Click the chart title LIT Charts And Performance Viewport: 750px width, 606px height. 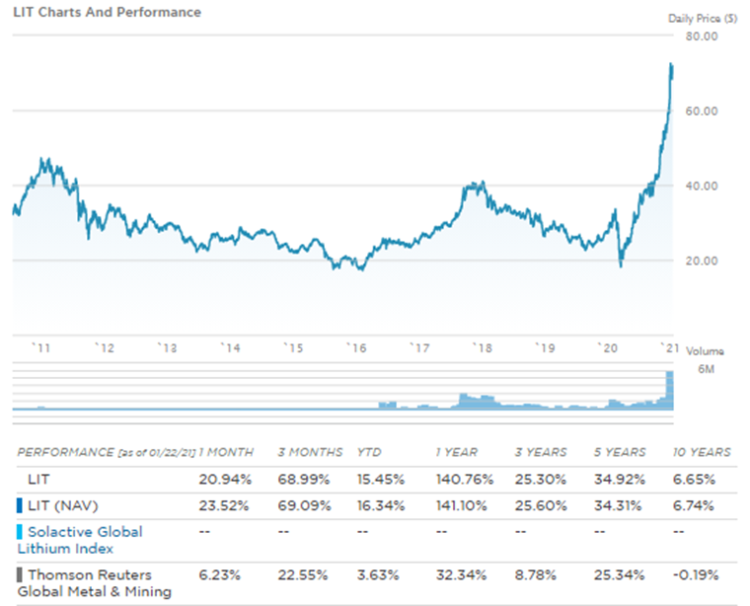click(107, 13)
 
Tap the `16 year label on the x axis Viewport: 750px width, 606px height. click(354, 347)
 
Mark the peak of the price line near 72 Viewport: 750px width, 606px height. click(671, 65)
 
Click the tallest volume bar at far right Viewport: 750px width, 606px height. click(670, 389)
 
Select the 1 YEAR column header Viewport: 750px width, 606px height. click(456, 452)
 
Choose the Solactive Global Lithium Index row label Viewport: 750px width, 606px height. click(79, 539)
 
